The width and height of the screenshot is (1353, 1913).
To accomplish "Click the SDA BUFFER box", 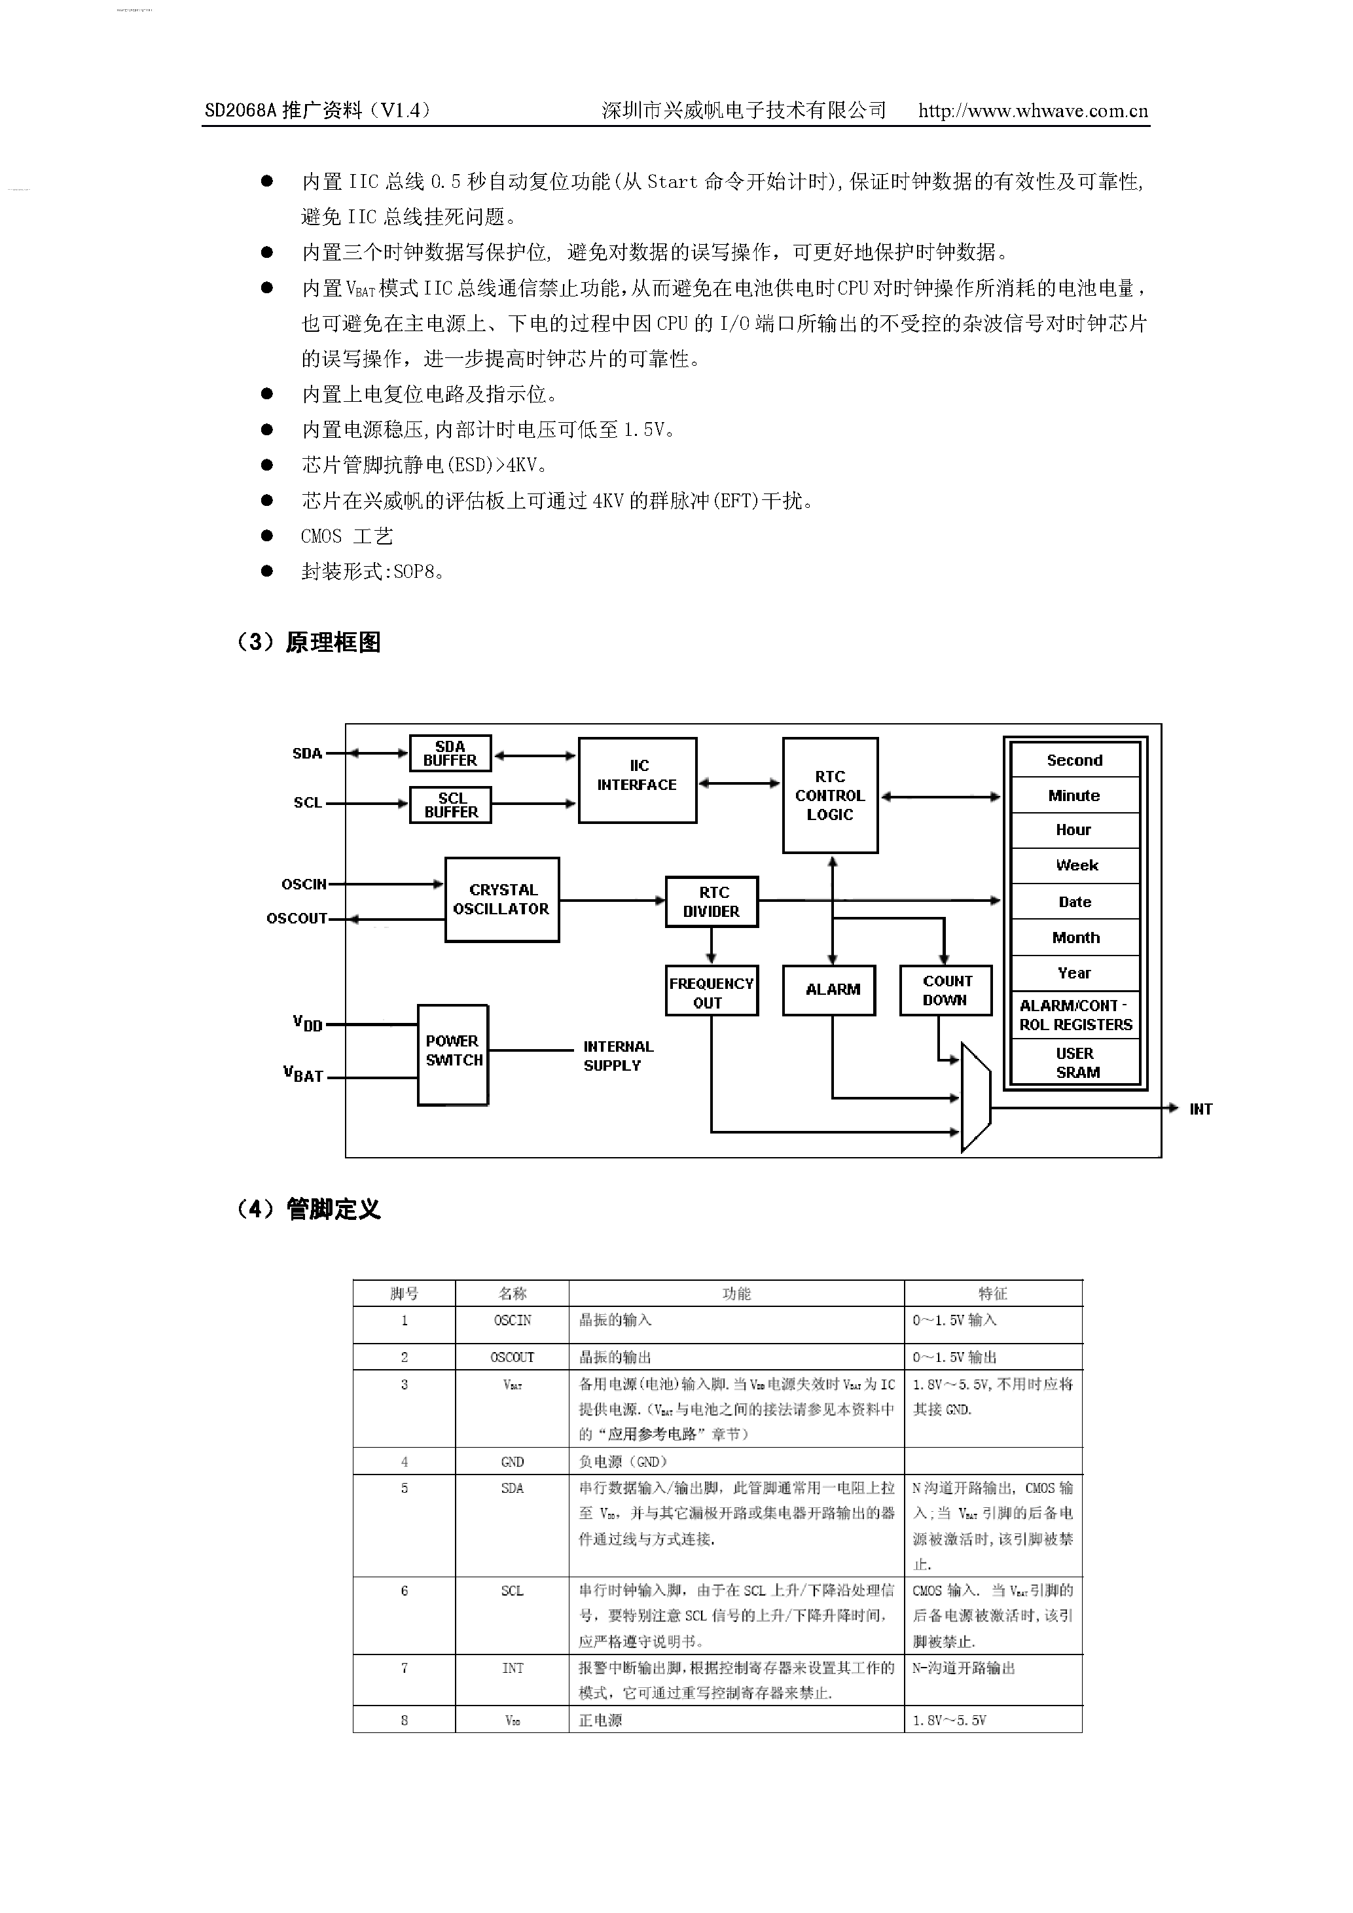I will tap(450, 753).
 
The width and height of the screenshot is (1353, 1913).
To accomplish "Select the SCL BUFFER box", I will tap(450, 805).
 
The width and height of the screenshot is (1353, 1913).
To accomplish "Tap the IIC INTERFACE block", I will tap(638, 780).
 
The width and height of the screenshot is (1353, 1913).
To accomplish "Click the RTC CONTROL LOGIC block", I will tap(830, 795).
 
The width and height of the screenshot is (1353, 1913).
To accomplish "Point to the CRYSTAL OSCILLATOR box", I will tap(501, 899).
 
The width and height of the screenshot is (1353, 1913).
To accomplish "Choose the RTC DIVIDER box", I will tap(712, 901).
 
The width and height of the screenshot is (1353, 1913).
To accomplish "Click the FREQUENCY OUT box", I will tap(712, 991).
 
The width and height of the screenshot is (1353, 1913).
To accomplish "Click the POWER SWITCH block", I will tap(452, 1055).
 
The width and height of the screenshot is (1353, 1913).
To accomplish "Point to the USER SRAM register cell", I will tap(1075, 1063).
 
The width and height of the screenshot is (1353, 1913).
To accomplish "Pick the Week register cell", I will tap(1075, 866).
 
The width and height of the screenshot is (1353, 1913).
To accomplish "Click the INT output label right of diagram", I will tap(1200, 1109).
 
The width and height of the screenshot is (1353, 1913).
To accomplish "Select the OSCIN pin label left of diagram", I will tap(303, 884).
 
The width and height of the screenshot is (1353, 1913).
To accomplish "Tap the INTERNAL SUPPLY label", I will tap(617, 1056).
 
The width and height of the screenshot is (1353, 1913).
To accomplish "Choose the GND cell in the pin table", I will tap(513, 1461).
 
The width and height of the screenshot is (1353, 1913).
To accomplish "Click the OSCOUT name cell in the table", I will tap(513, 1357).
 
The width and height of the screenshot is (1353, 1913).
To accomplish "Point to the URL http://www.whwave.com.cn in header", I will tap(1033, 111).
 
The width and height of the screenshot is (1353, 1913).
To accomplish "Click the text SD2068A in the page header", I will tap(240, 111).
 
